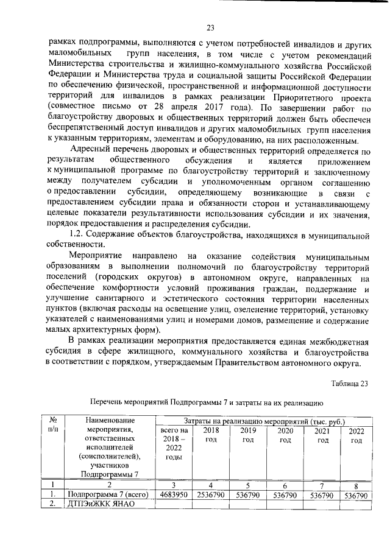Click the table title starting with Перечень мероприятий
[x=202, y=402]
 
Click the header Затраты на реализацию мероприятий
[x=263, y=421]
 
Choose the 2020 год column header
[x=285, y=435]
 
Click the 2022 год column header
[x=356, y=435]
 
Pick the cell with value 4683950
[x=174, y=495]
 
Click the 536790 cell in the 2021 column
[x=321, y=495]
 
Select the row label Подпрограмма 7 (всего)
[x=107, y=495]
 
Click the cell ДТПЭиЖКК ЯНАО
[x=99, y=504]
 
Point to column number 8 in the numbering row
[x=356, y=485]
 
